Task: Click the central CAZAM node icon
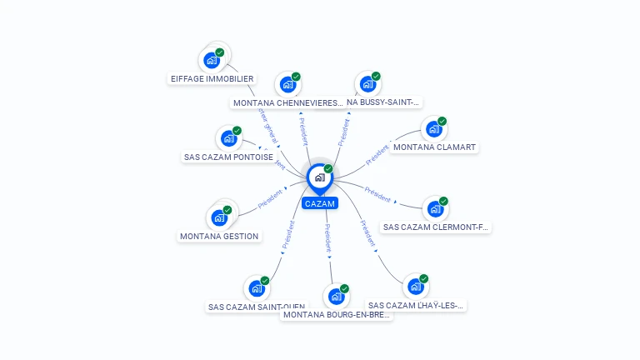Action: tap(319, 177)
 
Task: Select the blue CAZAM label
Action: tap(320, 203)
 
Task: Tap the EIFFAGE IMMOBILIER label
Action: tap(212, 79)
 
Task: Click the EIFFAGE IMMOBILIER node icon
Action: tap(212, 60)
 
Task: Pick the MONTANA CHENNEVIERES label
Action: tap(287, 103)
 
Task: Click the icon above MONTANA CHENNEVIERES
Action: tap(287, 84)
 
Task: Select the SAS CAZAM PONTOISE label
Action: tap(227, 157)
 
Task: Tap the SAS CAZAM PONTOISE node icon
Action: tap(228, 137)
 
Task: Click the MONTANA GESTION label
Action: tap(219, 236)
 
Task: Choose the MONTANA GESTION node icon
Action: tap(219, 217)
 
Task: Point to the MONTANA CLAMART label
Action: tap(434, 147)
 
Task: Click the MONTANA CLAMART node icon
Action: tap(433, 128)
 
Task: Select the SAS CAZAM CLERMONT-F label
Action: tap(437, 227)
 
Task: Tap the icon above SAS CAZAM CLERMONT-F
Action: tap(435, 208)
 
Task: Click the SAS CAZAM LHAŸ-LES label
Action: tap(416, 306)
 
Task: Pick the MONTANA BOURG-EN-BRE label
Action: tap(337, 315)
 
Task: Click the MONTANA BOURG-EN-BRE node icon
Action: tap(336, 296)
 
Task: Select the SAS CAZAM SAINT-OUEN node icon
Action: tap(257, 288)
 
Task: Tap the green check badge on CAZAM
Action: tap(328, 169)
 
